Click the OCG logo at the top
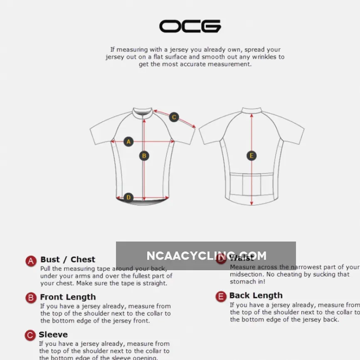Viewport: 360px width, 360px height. pos(190,26)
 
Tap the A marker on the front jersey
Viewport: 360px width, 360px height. pos(128,142)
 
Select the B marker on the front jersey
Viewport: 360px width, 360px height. pos(144,156)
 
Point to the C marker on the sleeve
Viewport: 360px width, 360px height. pos(174,117)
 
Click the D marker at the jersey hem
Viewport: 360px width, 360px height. pos(128,197)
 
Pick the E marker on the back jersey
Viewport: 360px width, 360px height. pos(251,156)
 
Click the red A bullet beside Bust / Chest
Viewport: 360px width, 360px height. pos(31,261)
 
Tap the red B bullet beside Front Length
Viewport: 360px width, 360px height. pos(31,298)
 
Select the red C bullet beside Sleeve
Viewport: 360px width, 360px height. pos(30,335)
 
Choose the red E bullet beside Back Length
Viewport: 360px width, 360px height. pos(221,296)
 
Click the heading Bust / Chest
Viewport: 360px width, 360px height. pos(68,259)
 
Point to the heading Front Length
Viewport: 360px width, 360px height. pos(68,297)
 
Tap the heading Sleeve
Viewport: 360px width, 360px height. pos(53,334)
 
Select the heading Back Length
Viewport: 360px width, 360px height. pos(256,295)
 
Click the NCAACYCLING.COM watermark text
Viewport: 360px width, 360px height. pos(206,256)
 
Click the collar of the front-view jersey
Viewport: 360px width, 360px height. pos(143,111)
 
